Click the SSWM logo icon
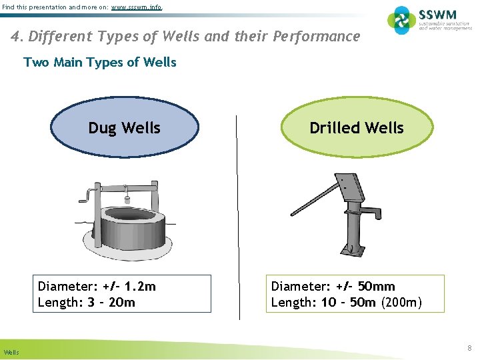coord(401,21)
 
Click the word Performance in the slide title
coord(317,36)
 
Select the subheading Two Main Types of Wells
coord(100,63)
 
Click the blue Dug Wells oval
coord(125,128)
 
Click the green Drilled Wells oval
coord(357,128)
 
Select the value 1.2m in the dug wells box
coord(140,287)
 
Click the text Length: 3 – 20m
coord(87,303)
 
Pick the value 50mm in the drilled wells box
coord(376,287)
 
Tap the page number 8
coord(469,348)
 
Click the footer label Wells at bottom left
coord(11,351)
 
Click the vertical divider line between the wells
coord(237,213)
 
